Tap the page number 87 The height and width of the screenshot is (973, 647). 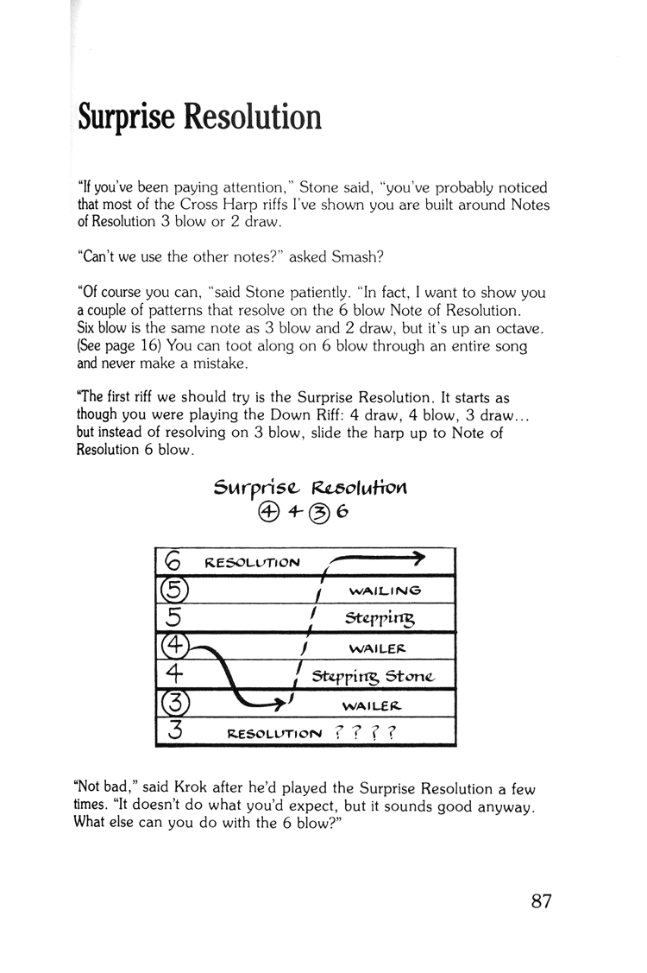(x=541, y=902)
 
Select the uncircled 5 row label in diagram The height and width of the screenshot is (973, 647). (x=172, y=618)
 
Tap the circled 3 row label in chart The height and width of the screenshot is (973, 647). (x=173, y=703)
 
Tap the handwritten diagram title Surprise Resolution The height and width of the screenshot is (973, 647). (x=310, y=488)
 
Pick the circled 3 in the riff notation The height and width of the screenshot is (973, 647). (x=316, y=514)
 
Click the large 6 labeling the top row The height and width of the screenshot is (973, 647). (x=172, y=562)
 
